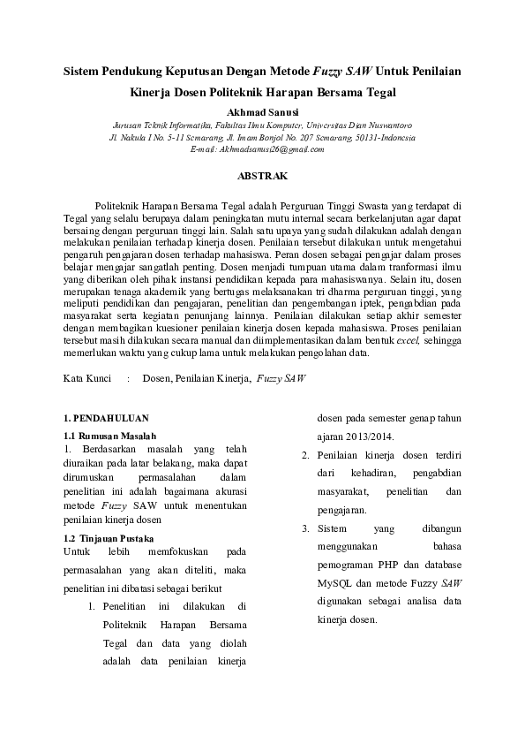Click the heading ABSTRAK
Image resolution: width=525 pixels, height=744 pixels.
[263, 176]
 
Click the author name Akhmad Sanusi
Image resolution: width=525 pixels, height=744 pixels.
[262, 112]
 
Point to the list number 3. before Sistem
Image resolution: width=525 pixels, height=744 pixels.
[304, 529]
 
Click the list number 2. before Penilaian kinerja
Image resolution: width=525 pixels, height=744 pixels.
[304, 455]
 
